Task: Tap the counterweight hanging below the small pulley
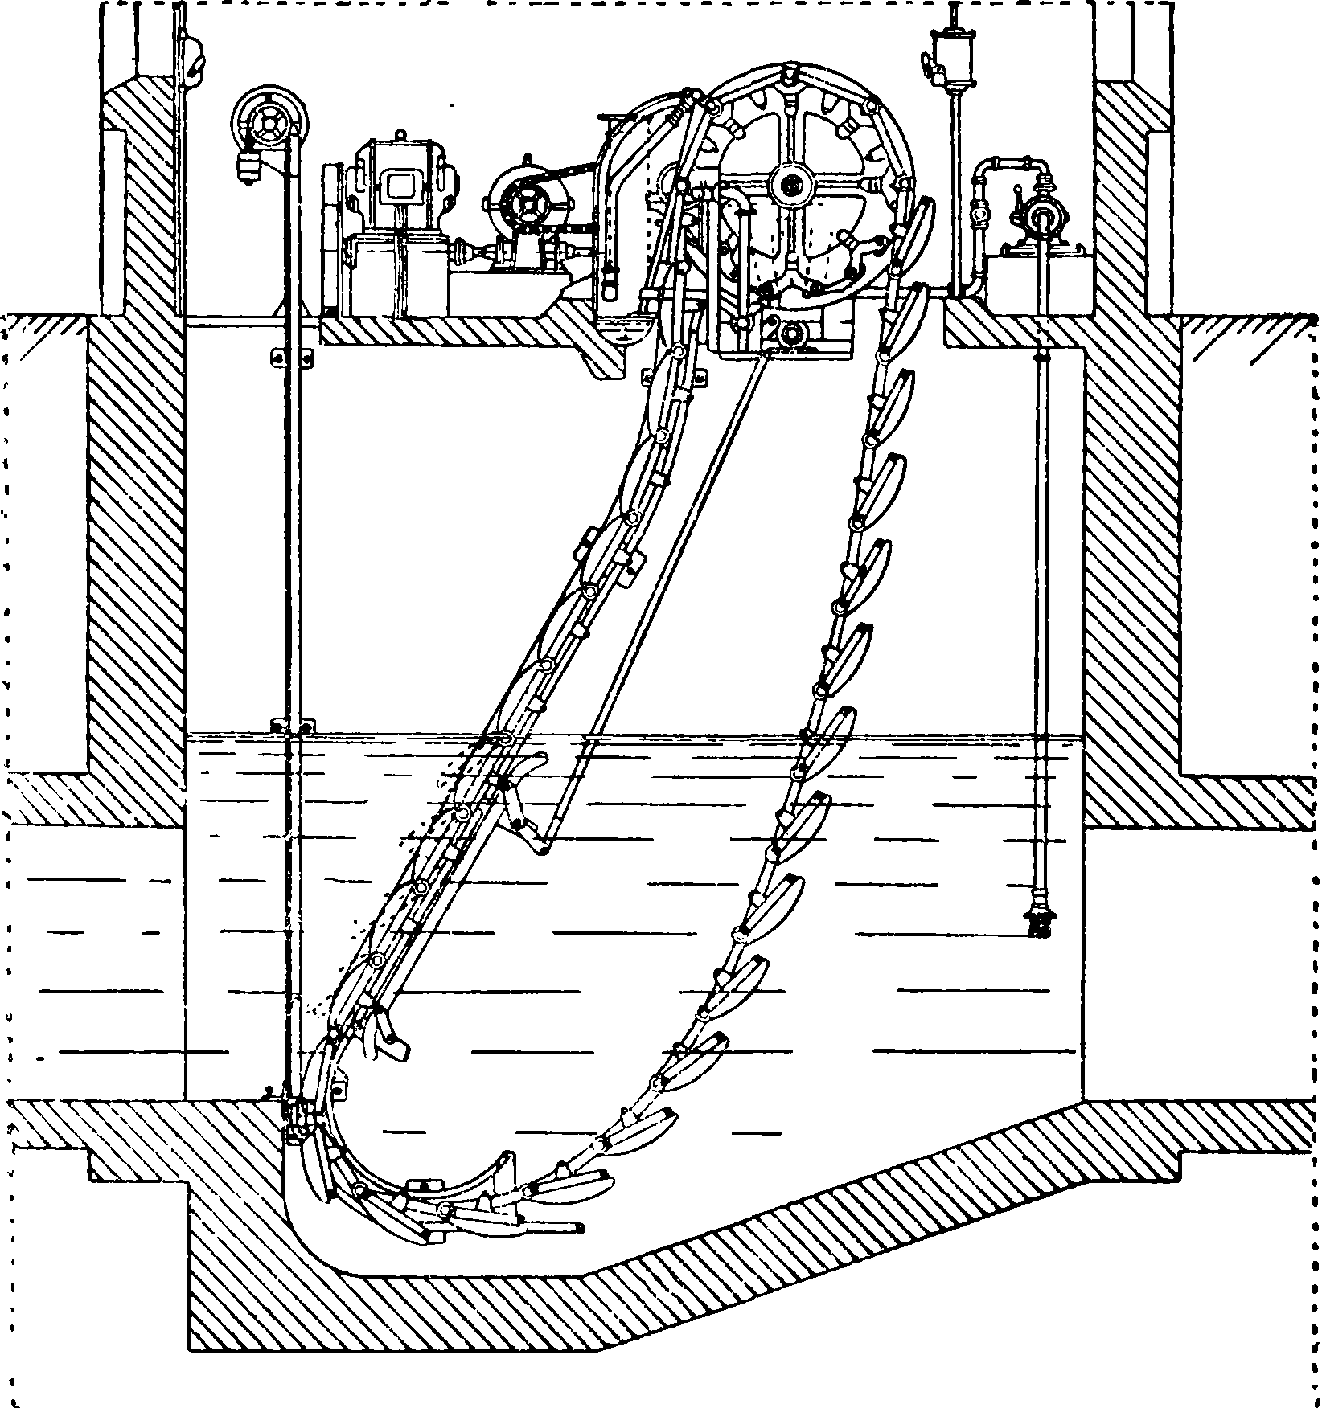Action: coord(248,168)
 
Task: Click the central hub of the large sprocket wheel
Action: coord(789,184)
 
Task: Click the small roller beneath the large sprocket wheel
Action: coord(791,334)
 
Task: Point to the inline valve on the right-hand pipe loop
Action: coord(980,215)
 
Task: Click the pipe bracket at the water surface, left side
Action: coord(294,726)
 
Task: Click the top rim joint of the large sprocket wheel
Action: coord(792,74)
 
